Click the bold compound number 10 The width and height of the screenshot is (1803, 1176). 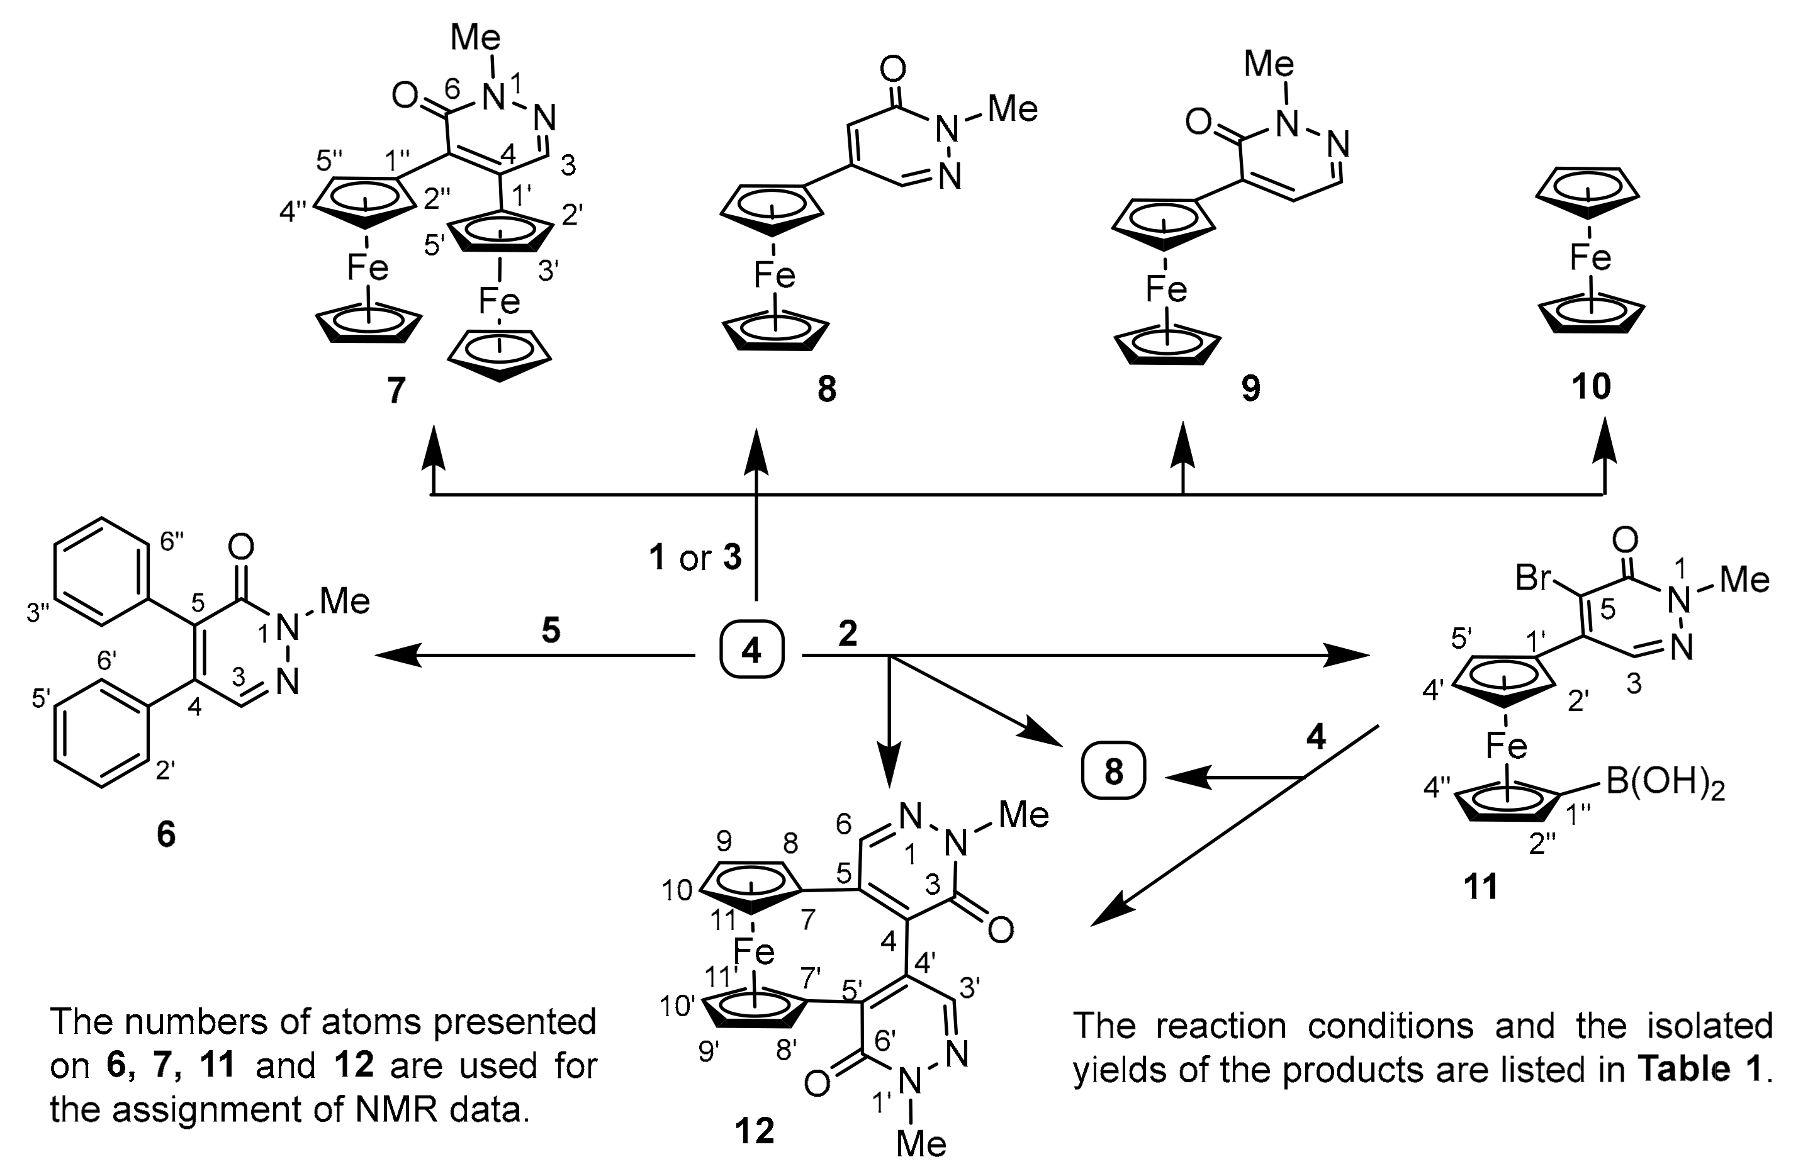pyautogui.click(x=1591, y=387)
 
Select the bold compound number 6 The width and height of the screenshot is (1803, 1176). pyautogui.click(x=166, y=834)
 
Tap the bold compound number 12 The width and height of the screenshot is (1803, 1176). pyautogui.click(x=755, y=1131)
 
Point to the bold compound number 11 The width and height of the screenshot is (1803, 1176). pyautogui.click(x=1481, y=887)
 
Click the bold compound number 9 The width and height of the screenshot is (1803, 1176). pyautogui.click(x=1250, y=388)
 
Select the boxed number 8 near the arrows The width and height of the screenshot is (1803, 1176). pyautogui.click(x=1113, y=771)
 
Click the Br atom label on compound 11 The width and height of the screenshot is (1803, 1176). pyautogui.click(x=1535, y=578)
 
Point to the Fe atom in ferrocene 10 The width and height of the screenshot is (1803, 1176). pyautogui.click(x=1590, y=258)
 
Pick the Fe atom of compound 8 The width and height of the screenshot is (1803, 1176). pyautogui.click(x=774, y=276)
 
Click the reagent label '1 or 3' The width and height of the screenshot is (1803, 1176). pyautogui.click(x=695, y=558)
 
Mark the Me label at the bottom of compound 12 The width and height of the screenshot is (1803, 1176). pyautogui.click(x=921, y=1143)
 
